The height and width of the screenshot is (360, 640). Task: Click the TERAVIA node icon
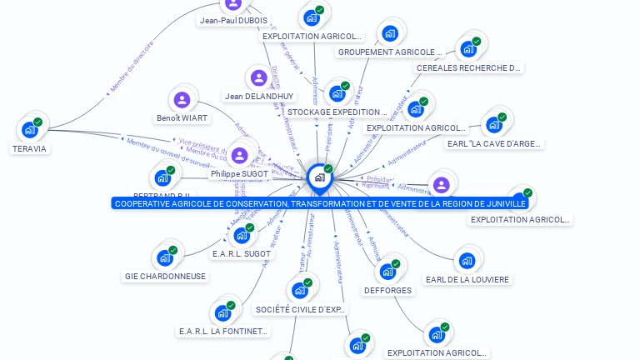pos(30,129)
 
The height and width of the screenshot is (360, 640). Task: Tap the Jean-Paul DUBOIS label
pos(233,21)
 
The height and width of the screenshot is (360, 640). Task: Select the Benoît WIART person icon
pos(182,100)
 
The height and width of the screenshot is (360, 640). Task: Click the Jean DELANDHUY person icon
pos(259,78)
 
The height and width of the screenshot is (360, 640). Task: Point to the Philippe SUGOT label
pos(239,173)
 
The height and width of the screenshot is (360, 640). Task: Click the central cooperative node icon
pos(318,177)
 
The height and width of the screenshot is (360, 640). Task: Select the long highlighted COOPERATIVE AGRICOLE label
pos(320,203)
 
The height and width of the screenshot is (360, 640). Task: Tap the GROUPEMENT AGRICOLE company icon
pos(390,34)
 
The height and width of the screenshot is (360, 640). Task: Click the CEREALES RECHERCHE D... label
pos(469,67)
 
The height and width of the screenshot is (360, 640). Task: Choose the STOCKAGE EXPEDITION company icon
pos(337,93)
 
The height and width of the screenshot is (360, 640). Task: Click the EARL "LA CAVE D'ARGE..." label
pos(494,143)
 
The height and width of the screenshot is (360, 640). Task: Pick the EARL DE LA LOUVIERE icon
pos(467,261)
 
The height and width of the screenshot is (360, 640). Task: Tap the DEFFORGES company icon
pos(387,272)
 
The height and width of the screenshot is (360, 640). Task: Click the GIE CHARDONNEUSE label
pos(165,276)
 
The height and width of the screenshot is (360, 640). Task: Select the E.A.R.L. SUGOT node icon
pos(241,235)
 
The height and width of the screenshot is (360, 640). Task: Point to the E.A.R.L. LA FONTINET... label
pos(224,331)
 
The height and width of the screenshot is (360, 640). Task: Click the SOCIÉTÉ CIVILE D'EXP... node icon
pos(299,290)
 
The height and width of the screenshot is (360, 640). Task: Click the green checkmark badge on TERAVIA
pos(37,122)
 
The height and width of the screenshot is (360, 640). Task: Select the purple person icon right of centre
pos(442,184)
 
